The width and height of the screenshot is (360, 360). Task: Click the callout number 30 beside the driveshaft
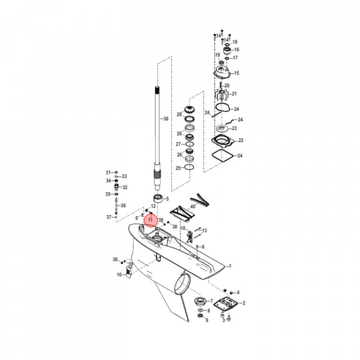click(166, 118)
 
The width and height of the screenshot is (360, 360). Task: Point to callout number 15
click(236, 73)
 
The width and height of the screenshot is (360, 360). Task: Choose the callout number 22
click(240, 140)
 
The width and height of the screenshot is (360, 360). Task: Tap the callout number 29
click(179, 114)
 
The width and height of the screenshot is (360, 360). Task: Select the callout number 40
click(193, 206)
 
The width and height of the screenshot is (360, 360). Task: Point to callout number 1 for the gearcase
click(230, 266)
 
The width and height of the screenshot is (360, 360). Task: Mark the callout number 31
click(108, 172)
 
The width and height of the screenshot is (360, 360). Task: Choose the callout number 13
click(204, 230)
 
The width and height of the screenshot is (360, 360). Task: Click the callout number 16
click(236, 50)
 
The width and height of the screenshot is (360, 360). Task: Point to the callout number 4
click(238, 292)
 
